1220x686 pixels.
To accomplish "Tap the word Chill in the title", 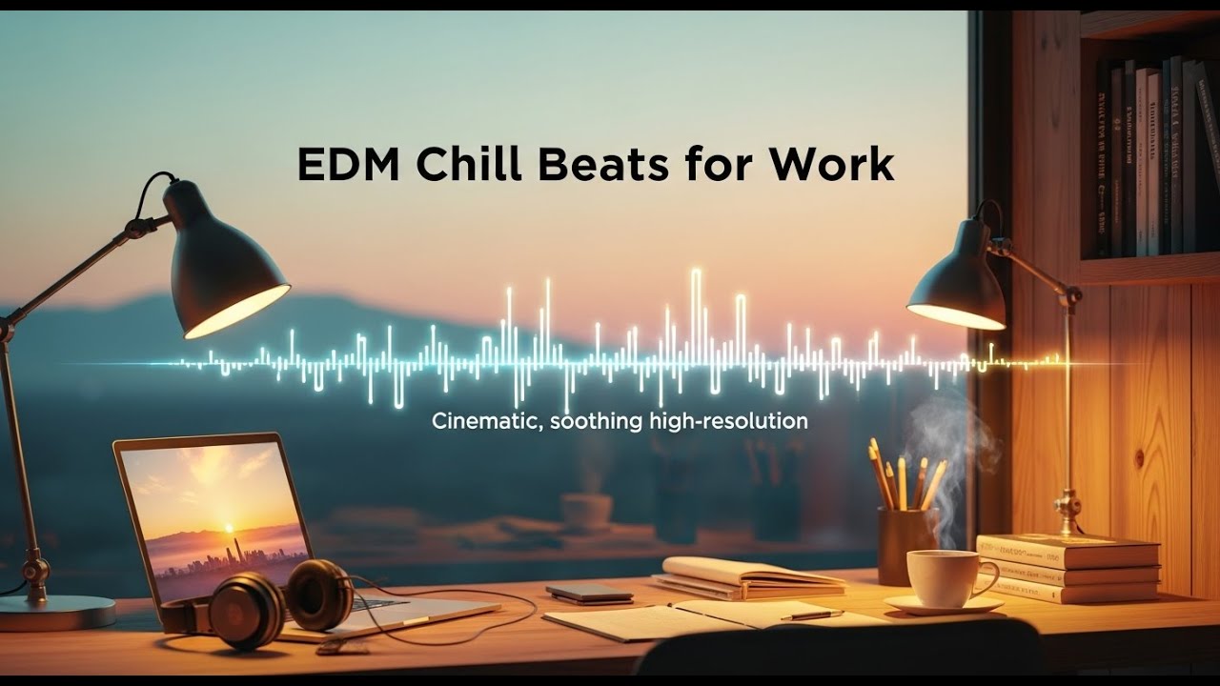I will (470, 164).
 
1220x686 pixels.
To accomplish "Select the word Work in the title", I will (831, 164).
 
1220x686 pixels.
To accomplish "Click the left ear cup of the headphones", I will (246, 610).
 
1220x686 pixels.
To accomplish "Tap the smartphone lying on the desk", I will (589, 594).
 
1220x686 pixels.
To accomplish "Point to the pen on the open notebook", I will (810, 615).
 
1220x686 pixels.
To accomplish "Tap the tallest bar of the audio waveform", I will (696, 314).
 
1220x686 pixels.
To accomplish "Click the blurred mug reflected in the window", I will (585, 512).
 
